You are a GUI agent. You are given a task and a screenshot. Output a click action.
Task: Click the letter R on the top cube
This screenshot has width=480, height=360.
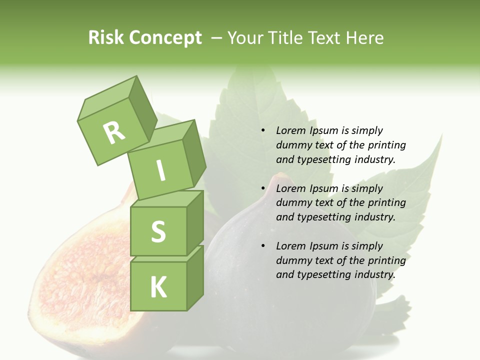click(x=114, y=132)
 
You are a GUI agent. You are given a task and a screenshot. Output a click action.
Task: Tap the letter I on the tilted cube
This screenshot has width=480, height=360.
click(x=161, y=170)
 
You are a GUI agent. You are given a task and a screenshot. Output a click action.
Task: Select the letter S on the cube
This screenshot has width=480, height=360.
click(x=158, y=231)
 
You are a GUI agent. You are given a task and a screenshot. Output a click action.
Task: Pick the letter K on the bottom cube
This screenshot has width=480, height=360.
click(x=158, y=287)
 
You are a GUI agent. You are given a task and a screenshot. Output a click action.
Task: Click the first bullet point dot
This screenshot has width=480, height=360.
click(x=263, y=131)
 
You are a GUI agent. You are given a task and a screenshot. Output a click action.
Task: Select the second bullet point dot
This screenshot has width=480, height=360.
click(x=263, y=188)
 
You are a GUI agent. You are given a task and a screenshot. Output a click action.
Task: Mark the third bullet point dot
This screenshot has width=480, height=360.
click(x=263, y=246)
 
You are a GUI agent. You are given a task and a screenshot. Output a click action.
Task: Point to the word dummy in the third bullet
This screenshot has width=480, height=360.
click(x=292, y=260)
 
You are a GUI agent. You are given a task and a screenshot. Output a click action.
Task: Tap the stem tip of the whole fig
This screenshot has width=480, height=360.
click(x=282, y=177)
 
